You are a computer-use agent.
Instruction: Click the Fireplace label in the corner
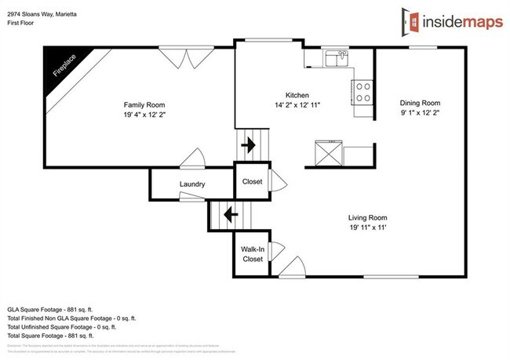pyautogui.click(x=64, y=65)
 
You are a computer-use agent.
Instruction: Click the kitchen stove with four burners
pyautogui.click(x=364, y=92)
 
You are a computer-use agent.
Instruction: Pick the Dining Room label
pyautogui.click(x=421, y=103)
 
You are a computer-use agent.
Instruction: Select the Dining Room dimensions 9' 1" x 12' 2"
pyautogui.click(x=421, y=113)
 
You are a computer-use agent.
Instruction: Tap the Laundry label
pyautogui.click(x=192, y=185)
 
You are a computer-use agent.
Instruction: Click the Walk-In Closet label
pyautogui.click(x=253, y=253)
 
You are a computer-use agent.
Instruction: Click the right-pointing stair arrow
pyautogui.click(x=252, y=145)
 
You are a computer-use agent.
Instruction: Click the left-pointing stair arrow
pyautogui.click(x=230, y=213)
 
